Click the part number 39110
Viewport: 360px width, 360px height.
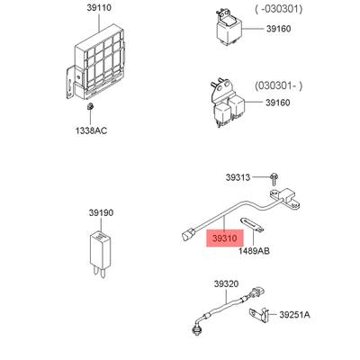tap(99, 8)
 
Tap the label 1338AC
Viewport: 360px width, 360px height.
tap(91, 130)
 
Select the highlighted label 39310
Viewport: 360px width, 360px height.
tap(225, 238)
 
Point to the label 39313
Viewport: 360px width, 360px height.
tap(238, 177)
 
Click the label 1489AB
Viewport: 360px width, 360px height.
tap(254, 250)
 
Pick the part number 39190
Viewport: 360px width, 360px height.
tap(101, 213)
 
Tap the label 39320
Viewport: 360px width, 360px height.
tap(226, 283)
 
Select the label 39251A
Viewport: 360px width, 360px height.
tap(295, 315)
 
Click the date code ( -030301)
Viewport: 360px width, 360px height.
tap(279, 9)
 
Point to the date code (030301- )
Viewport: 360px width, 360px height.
tap(279, 85)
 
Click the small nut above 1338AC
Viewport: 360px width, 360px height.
tap(90, 107)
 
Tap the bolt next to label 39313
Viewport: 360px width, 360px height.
tap(274, 179)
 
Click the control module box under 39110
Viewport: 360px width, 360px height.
tap(95, 62)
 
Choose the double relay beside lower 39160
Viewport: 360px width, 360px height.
tap(228, 103)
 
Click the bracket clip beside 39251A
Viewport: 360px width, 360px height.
tap(258, 315)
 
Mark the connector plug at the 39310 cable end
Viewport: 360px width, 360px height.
tap(188, 234)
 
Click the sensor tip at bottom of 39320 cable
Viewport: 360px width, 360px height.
tap(196, 329)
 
